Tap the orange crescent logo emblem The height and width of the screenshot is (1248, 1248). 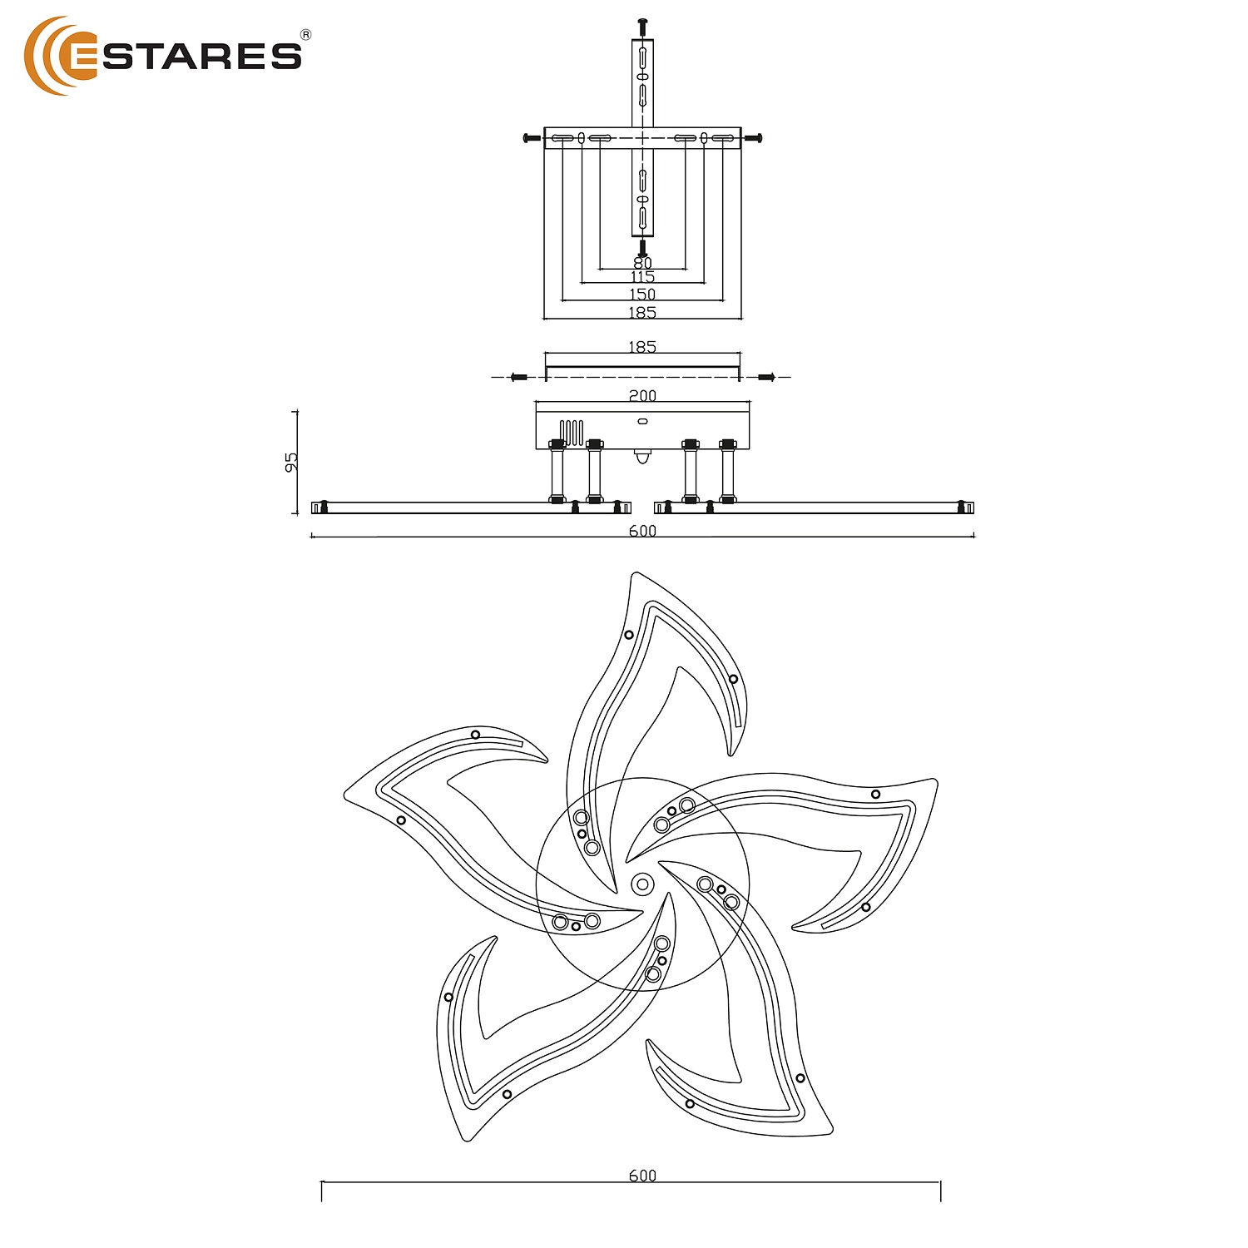tap(46, 55)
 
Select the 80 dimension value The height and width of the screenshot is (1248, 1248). tap(642, 263)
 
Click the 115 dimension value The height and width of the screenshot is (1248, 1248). tap(642, 277)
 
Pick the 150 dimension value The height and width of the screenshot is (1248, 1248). tap(642, 294)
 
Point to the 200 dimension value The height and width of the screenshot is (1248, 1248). tap(642, 396)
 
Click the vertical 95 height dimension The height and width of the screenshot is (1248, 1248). tap(291, 462)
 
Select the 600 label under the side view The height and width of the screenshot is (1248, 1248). tap(642, 531)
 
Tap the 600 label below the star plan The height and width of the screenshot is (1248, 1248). tap(642, 1176)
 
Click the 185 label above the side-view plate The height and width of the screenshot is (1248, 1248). tap(642, 347)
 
